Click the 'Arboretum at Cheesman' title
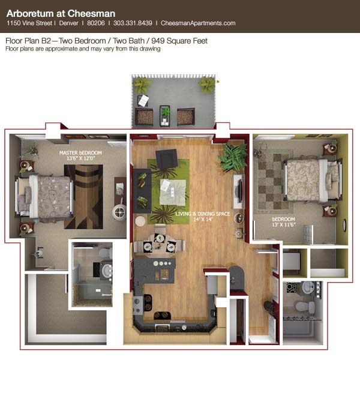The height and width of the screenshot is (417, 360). coord(61,13)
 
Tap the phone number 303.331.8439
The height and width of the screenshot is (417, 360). coord(133,23)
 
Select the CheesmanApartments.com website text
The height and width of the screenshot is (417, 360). coord(198,23)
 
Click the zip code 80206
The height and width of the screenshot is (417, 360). coord(96,23)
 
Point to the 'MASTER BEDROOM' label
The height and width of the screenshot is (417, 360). coord(80,152)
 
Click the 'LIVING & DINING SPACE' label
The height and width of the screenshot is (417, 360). coord(203,214)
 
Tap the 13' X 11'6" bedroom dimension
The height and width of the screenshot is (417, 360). coord(284,225)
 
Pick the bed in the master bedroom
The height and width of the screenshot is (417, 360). coord(44,196)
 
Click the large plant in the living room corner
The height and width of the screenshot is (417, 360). coord(232,157)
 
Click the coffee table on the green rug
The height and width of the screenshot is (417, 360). coord(173,192)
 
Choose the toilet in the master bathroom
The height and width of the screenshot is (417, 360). coord(105,253)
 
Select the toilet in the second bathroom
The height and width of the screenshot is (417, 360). coord(305,307)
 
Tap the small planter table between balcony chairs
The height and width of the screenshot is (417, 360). coord(165,115)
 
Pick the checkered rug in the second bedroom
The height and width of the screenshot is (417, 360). coord(274,181)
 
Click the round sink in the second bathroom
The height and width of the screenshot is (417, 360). coord(308,288)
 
